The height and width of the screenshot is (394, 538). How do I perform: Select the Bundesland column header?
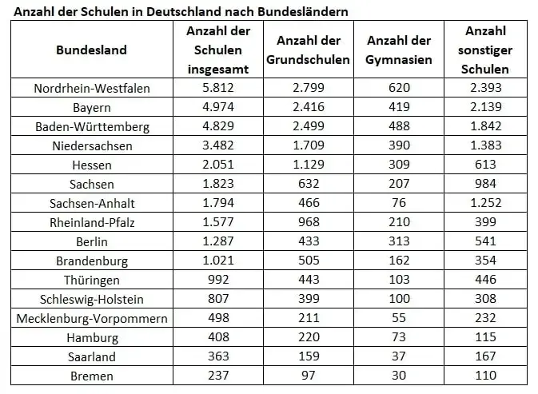point(91,50)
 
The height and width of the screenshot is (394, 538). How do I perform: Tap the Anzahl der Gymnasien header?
point(399,50)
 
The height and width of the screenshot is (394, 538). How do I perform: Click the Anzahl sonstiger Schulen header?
point(485,50)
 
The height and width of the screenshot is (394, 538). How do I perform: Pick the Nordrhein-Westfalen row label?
point(92,88)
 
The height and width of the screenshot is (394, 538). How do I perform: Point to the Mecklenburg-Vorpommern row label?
point(92,318)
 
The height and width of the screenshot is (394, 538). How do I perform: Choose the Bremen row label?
point(92,376)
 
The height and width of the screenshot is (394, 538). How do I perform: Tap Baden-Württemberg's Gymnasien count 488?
point(399,126)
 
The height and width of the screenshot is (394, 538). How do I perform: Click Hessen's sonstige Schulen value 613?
point(485,165)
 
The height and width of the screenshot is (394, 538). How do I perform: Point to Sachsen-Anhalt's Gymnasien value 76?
point(399,203)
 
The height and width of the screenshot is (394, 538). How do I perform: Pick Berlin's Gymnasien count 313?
point(399,241)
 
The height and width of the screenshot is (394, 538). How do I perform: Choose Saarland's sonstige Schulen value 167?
point(485,356)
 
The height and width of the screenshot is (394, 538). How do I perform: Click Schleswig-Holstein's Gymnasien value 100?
point(399,299)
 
